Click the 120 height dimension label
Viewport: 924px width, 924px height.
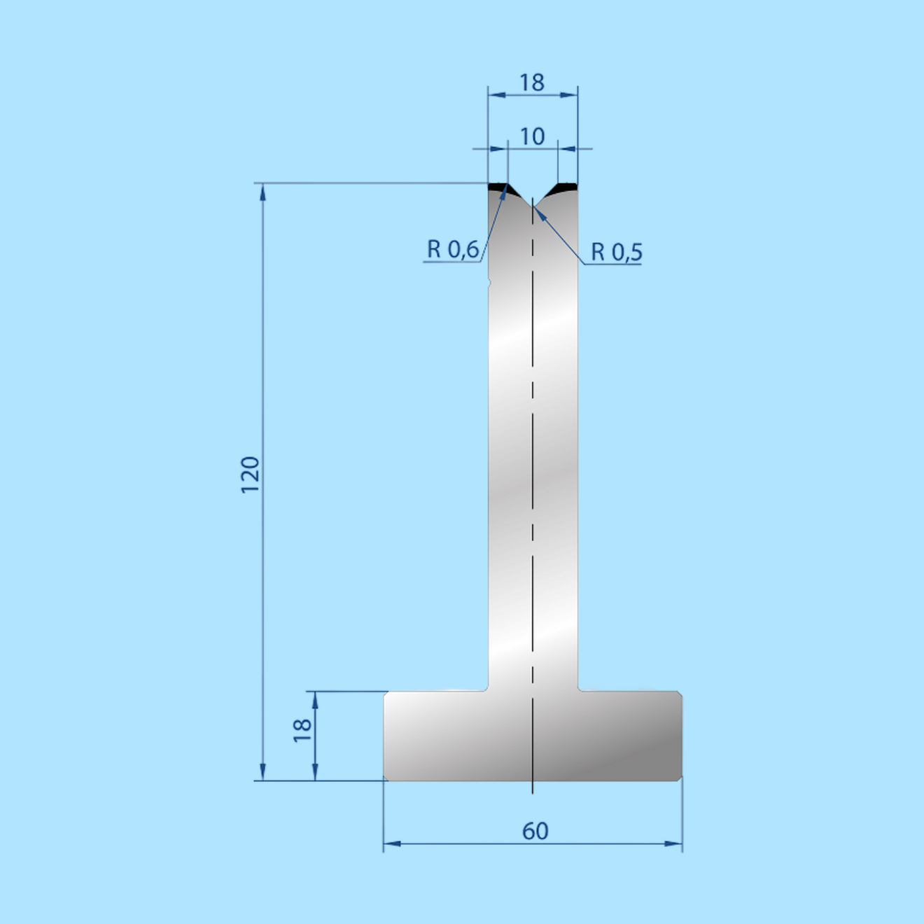(250, 475)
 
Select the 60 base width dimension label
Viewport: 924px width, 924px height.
(535, 831)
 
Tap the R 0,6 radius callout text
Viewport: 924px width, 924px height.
(453, 249)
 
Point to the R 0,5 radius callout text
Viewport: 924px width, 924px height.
(617, 252)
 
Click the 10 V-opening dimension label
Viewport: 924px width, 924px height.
(532, 136)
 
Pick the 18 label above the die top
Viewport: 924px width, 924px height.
(532, 83)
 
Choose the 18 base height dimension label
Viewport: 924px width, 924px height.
(302, 731)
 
